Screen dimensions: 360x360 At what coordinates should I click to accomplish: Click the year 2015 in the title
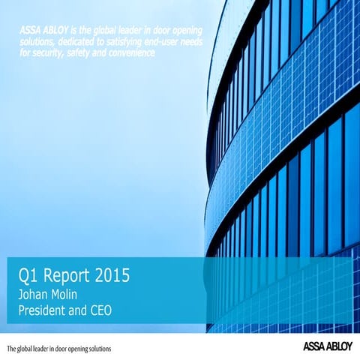tap(112, 275)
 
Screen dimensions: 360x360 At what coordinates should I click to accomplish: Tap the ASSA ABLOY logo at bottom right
tap(327, 347)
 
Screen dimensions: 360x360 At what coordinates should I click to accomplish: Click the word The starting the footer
tap(10, 349)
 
